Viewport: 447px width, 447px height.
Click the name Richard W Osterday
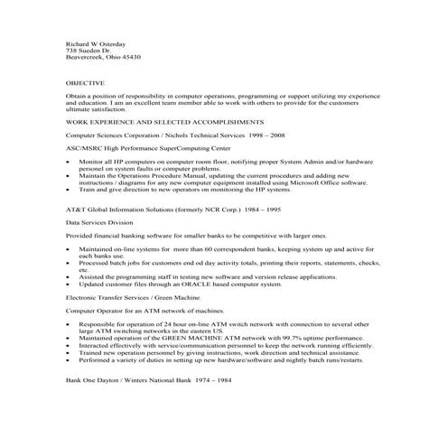coord(96,43)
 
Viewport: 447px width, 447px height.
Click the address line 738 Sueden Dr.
coord(87,51)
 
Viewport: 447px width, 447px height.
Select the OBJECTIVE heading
coord(86,82)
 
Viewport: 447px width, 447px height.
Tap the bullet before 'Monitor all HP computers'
coord(70,161)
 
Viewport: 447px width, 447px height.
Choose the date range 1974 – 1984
coord(210,381)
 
